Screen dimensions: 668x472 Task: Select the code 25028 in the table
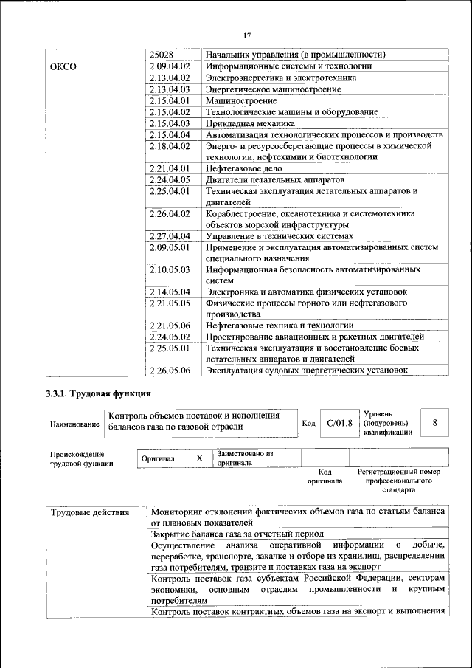(161, 55)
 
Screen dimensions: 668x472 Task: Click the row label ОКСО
(63, 66)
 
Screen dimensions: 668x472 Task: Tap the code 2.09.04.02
(170, 66)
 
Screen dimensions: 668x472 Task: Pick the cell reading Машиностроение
(241, 100)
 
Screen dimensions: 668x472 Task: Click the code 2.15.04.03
(170, 123)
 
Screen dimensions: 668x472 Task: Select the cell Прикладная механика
(251, 123)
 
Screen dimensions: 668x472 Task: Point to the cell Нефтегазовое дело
(246, 168)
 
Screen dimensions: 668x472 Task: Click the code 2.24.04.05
(170, 179)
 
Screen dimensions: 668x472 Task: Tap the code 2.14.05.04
(170, 292)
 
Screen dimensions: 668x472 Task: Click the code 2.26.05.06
(170, 371)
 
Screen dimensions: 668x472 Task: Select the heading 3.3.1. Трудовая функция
(99, 393)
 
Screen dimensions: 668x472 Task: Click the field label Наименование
(74, 424)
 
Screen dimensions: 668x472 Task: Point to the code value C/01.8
(339, 423)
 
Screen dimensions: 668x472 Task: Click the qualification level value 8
(434, 423)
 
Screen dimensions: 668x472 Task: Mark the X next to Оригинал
(199, 458)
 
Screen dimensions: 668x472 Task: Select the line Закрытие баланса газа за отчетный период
(245, 533)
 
